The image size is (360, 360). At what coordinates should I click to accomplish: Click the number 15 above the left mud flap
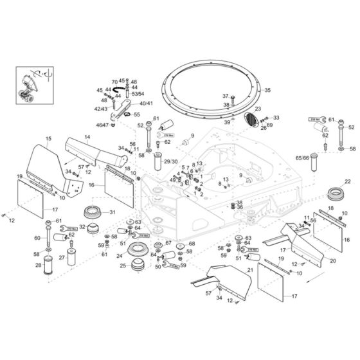coord(48,139)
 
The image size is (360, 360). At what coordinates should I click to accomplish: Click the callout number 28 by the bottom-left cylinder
coord(37,265)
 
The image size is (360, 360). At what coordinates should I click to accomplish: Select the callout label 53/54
coord(138,94)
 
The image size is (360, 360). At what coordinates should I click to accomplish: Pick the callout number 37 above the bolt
coord(226,96)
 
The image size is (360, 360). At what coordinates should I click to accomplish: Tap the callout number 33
coord(277,118)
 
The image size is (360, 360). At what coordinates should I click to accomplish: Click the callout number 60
coord(37,238)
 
